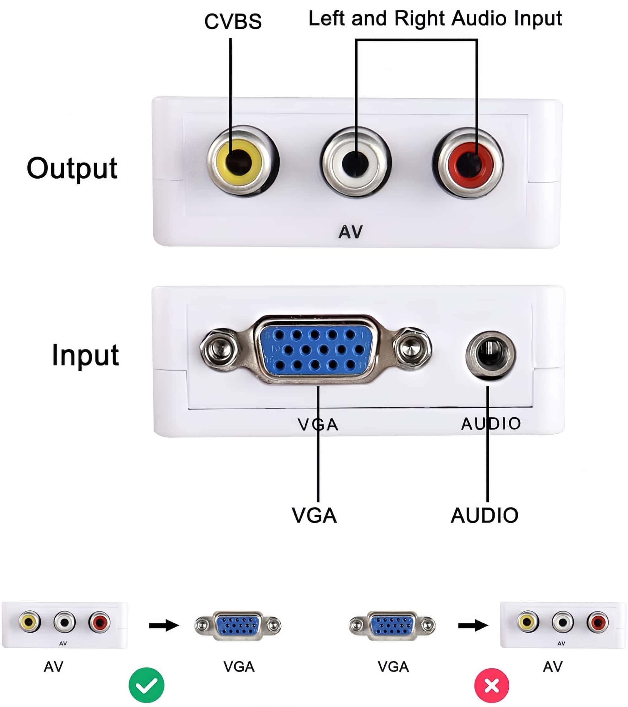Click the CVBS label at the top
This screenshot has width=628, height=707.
(233, 21)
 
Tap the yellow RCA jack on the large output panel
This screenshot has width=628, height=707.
(239, 162)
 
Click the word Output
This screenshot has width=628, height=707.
(72, 169)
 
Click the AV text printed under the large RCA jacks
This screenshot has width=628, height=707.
(350, 232)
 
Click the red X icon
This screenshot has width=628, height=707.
(492, 685)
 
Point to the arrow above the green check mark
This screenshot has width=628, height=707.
(164, 625)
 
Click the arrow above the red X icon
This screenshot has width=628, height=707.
(473, 625)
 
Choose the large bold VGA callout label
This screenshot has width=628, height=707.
(314, 516)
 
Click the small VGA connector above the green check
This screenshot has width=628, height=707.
(238, 625)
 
